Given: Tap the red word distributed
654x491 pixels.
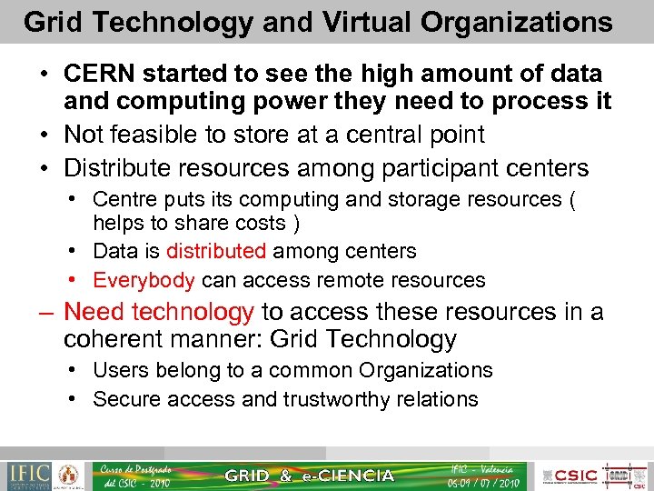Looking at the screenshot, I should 215,251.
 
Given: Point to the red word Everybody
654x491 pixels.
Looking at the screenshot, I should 144,280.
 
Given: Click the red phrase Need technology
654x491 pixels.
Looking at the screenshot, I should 159,312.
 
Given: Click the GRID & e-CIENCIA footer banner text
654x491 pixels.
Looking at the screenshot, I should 309,476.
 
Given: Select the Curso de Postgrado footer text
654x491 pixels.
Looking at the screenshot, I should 136,469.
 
